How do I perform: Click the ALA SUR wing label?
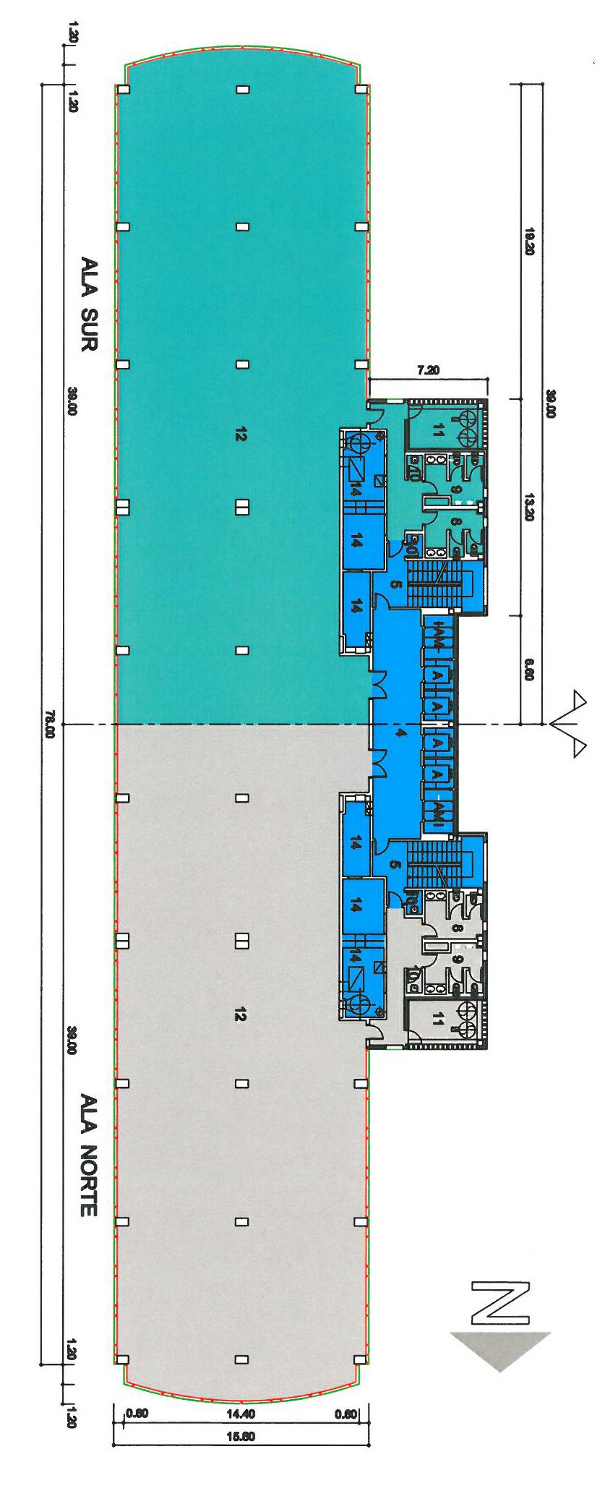[88, 304]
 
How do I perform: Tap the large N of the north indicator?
[500, 1304]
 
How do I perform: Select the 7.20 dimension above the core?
[429, 371]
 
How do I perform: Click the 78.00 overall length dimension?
[50, 725]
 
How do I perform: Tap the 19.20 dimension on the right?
[529, 242]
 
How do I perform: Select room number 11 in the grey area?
[437, 1020]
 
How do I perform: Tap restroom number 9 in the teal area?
[455, 490]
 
